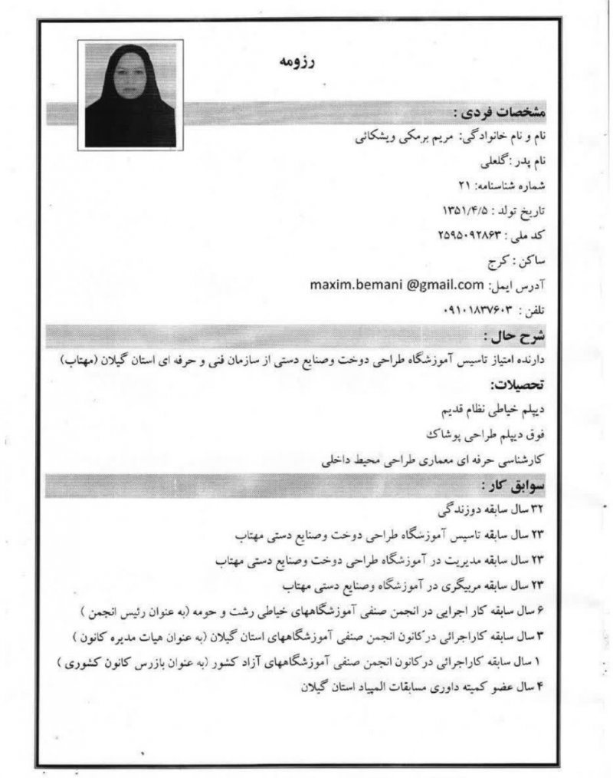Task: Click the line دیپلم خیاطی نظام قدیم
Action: click(491, 409)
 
